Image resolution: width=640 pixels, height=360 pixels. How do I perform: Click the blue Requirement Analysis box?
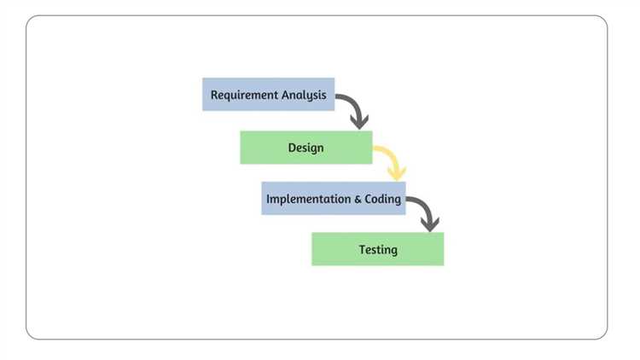coord(268,95)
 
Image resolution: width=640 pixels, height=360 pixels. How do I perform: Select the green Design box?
coord(305,147)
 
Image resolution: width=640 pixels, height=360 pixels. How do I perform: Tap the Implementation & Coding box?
coord(333,199)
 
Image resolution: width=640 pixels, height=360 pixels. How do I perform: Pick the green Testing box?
coord(377,249)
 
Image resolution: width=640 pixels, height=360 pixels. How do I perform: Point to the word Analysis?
coord(303,95)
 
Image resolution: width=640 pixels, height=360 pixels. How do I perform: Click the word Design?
coord(305,147)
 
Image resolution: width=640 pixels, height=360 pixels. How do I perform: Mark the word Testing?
coord(377,249)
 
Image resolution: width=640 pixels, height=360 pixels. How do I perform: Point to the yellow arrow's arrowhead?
coord(396,173)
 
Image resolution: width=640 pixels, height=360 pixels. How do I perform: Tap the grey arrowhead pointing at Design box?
coord(359,122)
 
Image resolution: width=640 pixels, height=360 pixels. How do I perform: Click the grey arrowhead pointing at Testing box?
coord(430,225)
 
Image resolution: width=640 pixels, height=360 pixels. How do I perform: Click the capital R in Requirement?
coord(214,95)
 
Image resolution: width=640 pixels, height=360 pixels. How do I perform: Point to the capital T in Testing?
coord(362,249)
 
